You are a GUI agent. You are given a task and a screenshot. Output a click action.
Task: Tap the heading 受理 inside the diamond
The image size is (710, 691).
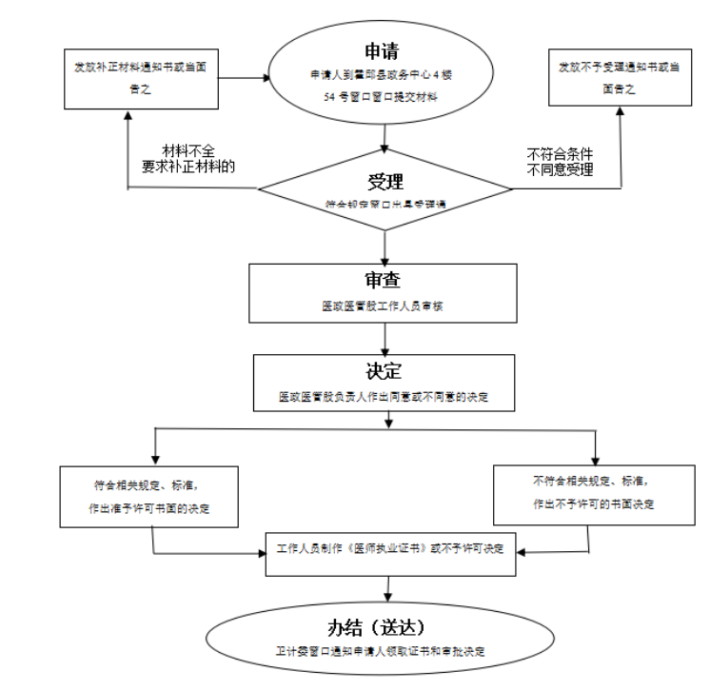385,183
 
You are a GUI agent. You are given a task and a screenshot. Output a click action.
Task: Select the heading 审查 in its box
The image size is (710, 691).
383,281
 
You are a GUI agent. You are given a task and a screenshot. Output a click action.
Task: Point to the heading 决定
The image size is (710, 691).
383,371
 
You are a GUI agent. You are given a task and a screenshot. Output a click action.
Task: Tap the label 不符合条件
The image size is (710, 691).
562,152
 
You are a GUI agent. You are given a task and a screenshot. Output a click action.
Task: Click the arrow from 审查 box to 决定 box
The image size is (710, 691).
383,338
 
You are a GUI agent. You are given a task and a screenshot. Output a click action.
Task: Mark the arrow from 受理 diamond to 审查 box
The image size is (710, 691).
384,246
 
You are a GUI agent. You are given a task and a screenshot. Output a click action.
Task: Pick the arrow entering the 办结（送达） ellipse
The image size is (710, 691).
386,587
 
